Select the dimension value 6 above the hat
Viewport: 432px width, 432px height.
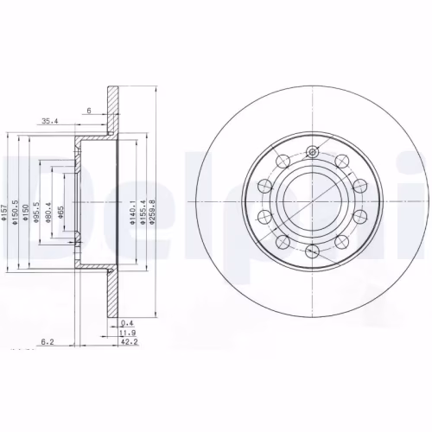88,111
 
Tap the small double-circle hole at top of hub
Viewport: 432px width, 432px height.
313,153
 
